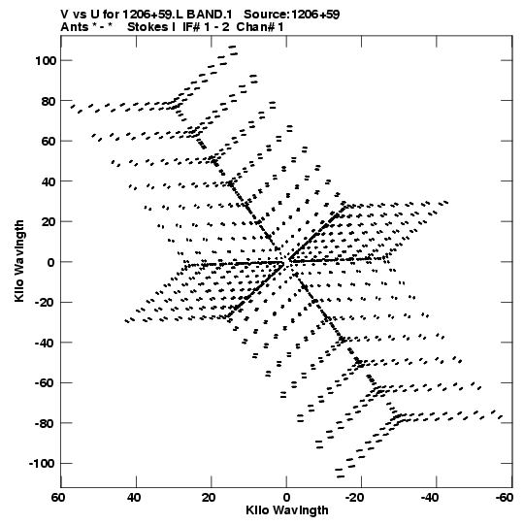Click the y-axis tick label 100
(46, 60)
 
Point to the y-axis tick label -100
(43, 464)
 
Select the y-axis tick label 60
(49, 142)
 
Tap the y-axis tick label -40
(46, 343)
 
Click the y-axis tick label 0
(51, 262)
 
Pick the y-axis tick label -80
(46, 423)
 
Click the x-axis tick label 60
(58, 498)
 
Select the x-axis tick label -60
(505, 498)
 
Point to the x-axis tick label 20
(209, 498)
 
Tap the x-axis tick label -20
(354, 498)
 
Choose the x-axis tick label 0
(286, 498)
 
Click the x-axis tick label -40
(429, 498)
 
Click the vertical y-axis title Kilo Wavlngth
(19, 261)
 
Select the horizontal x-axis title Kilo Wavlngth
(287, 510)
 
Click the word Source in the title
(266, 15)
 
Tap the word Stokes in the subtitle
(147, 27)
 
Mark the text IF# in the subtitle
(191, 27)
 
